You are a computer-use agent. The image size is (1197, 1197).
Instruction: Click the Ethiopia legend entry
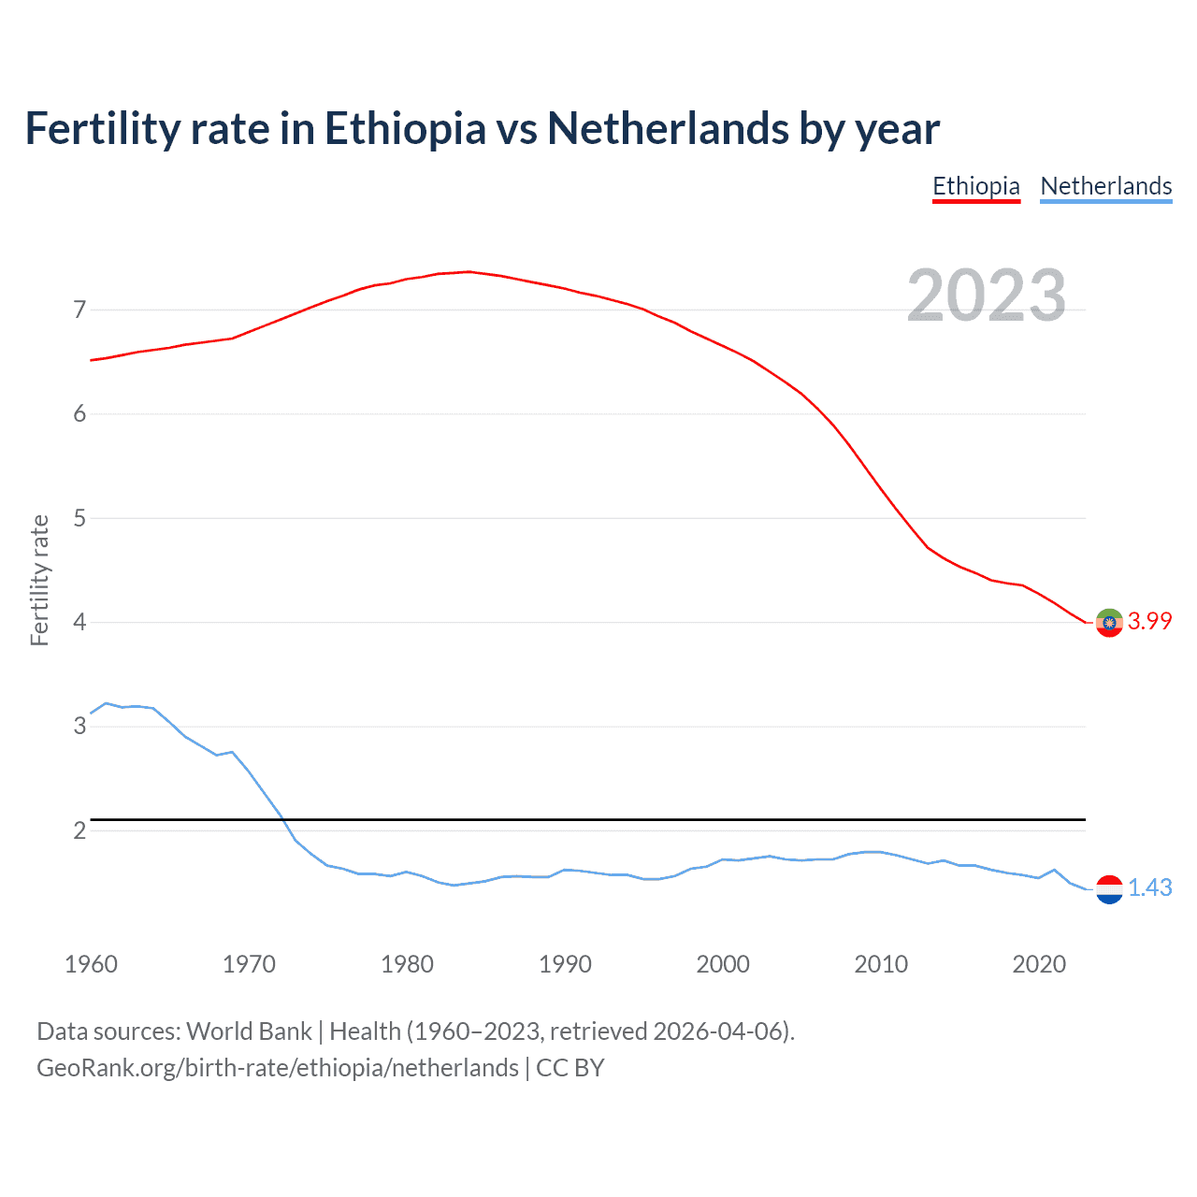pyautogui.click(x=976, y=186)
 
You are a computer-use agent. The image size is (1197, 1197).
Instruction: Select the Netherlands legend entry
pyautogui.click(x=1105, y=186)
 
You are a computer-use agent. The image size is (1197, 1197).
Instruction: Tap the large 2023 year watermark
pyautogui.click(x=987, y=296)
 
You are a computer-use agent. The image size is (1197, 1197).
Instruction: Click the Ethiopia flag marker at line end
pyautogui.click(x=1109, y=622)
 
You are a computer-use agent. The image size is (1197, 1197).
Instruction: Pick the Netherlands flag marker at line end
pyautogui.click(x=1109, y=889)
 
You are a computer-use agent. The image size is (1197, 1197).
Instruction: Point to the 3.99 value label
pyautogui.click(x=1149, y=622)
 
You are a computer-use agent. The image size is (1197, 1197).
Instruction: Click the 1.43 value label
pyautogui.click(x=1149, y=887)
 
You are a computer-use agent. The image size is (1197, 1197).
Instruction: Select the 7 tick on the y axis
pyautogui.click(x=79, y=310)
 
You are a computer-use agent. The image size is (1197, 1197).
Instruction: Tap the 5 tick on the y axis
pyautogui.click(x=79, y=518)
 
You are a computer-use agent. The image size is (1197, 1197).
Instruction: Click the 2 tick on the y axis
pyautogui.click(x=79, y=830)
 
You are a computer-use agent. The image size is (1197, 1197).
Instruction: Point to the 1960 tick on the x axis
pyautogui.click(x=91, y=964)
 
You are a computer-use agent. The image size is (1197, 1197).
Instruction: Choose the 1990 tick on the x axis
pyautogui.click(x=565, y=964)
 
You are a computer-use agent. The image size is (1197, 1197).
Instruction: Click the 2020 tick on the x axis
pyautogui.click(x=1039, y=964)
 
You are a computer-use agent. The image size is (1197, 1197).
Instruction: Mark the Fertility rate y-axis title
pyautogui.click(x=39, y=580)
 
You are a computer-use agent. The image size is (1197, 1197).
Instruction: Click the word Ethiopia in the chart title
pyautogui.click(x=405, y=129)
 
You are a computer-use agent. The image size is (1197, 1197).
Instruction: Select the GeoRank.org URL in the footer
pyautogui.click(x=277, y=1068)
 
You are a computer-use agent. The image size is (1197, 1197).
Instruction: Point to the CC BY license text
pyautogui.click(x=570, y=1068)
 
